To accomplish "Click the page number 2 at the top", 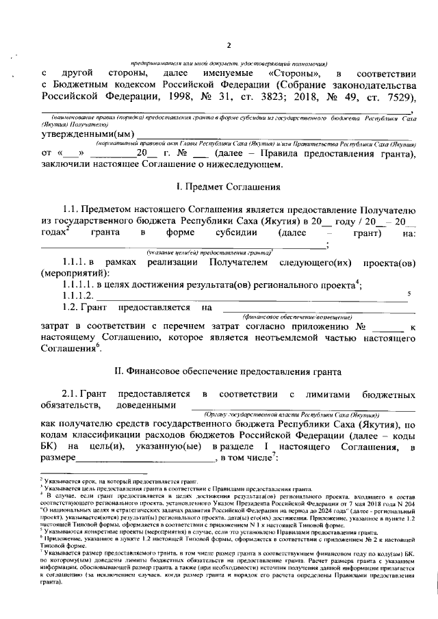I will coord(229,46).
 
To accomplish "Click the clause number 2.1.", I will coord(73,395).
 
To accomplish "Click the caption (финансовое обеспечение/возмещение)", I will coord(297,318).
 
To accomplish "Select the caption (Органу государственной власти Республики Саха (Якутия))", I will coord(287,415).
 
